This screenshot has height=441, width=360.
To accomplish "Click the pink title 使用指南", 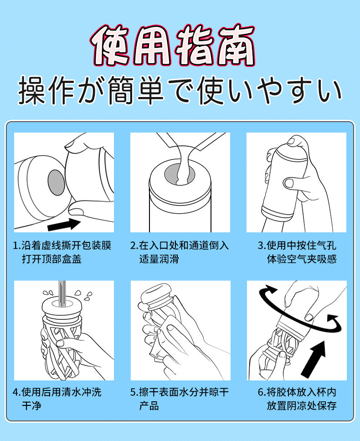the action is point(172,45).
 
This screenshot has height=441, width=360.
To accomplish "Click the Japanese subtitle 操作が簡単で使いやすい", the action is point(180,90).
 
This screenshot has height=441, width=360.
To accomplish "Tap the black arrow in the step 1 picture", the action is point(64,225).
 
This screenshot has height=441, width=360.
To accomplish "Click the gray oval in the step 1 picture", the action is point(56,183).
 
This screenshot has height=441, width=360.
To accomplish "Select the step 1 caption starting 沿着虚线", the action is point(62,252).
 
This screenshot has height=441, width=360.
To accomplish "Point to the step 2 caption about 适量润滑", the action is point(179,252).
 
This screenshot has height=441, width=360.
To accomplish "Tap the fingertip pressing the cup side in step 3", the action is point(290,184).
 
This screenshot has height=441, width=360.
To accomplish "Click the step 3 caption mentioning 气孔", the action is point(297,252).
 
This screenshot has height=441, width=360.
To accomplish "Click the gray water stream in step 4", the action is point(62,294).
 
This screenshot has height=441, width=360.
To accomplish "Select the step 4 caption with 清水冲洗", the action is point(57,399).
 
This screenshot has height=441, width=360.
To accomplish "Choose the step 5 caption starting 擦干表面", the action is point(179,399).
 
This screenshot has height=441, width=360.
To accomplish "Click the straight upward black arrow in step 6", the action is point(314,359).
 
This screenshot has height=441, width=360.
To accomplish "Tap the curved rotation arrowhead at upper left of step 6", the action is point(270,290).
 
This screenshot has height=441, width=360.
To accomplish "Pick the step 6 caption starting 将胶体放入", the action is point(297,399).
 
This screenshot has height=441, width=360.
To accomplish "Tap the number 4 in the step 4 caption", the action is point(15,392).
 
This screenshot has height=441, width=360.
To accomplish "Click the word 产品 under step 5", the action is point(149,405).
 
